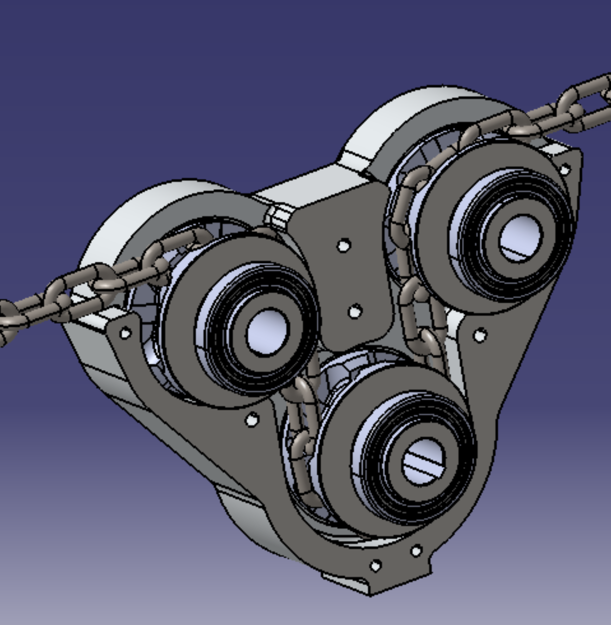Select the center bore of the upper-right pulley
coord(520,238)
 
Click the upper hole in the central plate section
coord(344,246)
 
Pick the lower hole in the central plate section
coord(355,310)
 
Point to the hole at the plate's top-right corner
coord(565,170)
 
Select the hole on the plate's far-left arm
coord(124,333)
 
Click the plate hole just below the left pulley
coord(251,420)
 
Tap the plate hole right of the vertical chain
coord(479,335)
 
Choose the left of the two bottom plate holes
coord(375,565)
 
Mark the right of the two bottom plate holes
coord(416,551)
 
